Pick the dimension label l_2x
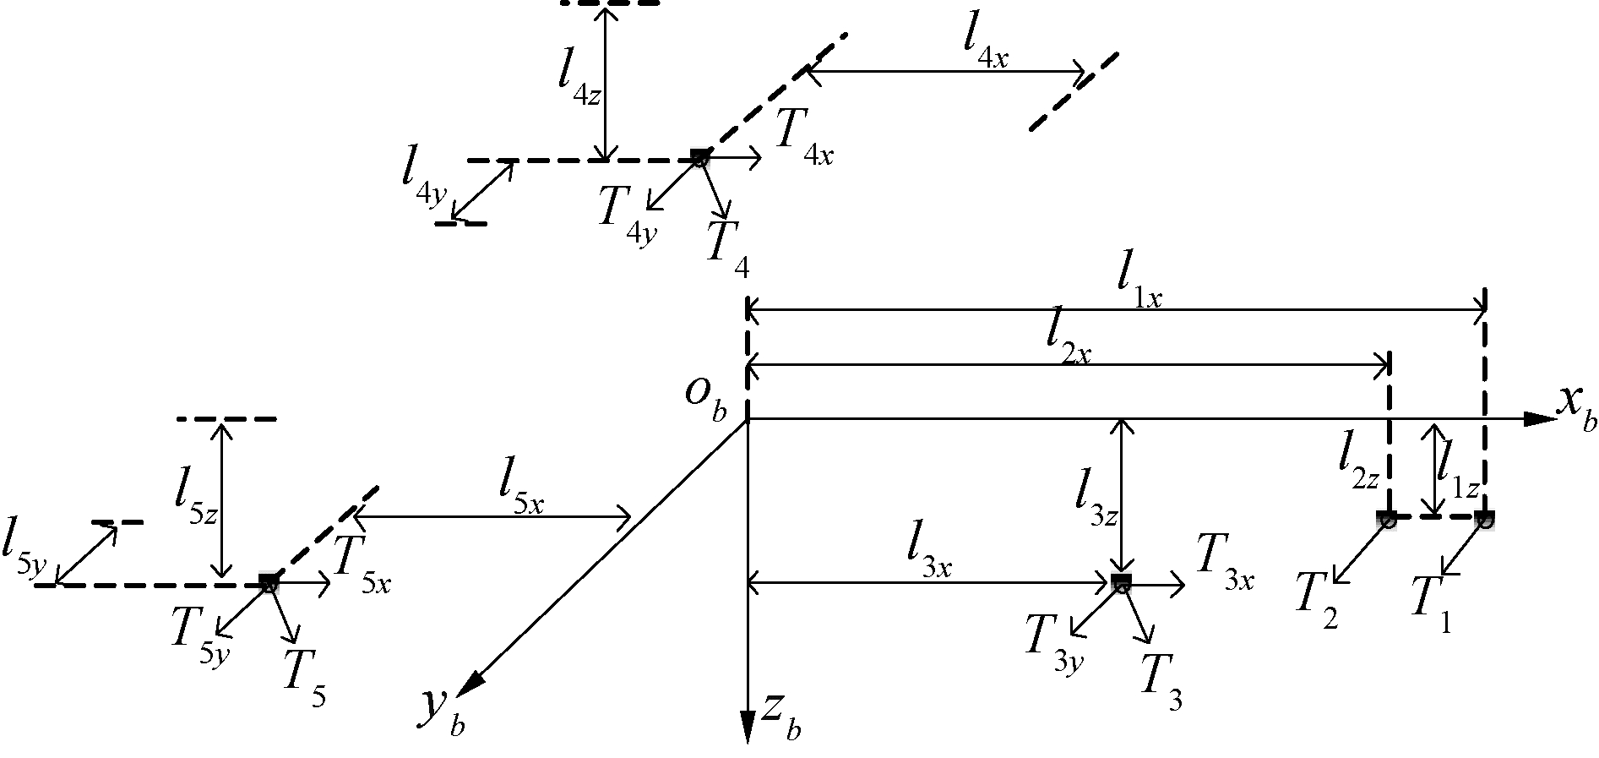(1068, 342)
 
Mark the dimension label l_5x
(520, 491)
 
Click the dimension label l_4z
(579, 80)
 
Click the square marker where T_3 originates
(1121, 580)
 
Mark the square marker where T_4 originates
(699, 155)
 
